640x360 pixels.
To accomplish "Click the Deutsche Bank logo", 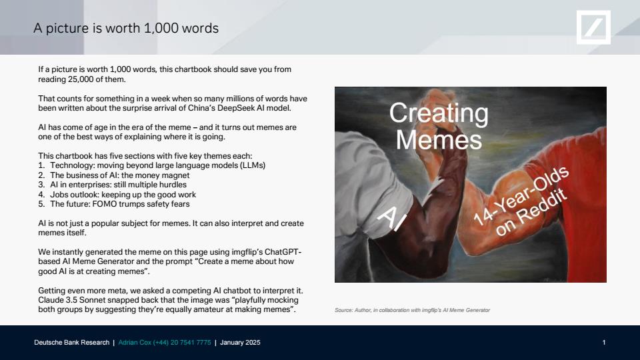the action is click(593, 27).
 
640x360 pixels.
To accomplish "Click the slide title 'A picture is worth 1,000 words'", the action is click(126, 28).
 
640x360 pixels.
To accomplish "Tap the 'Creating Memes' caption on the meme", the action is click(439, 126).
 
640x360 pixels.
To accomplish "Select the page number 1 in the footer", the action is click(604, 343).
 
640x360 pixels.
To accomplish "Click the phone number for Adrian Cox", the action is click(182, 343).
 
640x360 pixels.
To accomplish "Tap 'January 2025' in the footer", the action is click(240, 343).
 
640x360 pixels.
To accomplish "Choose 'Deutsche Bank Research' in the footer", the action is click(72, 343).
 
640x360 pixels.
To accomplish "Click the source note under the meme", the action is click(412, 310).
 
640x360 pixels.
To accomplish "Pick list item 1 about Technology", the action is click(152, 165).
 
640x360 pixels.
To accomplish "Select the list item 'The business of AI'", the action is click(114, 175).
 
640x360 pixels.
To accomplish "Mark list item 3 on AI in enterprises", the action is click(112, 185).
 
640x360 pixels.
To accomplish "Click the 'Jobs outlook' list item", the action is click(117, 194).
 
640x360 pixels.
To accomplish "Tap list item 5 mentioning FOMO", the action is click(114, 204).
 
